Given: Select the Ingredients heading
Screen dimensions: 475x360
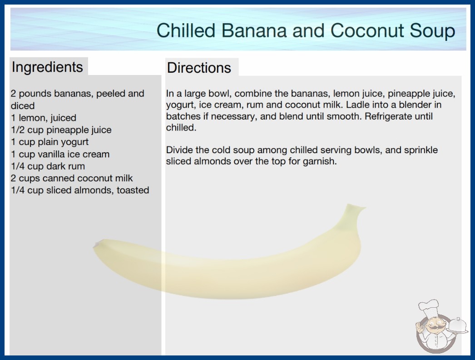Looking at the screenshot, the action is (x=47, y=67).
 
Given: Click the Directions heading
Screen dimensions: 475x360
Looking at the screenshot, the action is (x=199, y=68).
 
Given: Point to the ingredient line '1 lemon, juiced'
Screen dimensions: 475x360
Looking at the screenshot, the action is (x=44, y=118).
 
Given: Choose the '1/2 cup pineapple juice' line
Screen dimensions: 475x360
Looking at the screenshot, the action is (x=61, y=130).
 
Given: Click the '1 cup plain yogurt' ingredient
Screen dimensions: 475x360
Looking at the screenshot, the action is (x=49, y=142).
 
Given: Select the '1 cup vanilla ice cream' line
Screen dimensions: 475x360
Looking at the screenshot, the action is (x=60, y=154).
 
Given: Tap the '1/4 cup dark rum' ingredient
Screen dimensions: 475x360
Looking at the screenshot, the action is (x=48, y=166).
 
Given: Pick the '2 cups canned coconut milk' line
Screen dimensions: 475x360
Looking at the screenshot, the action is (x=72, y=178).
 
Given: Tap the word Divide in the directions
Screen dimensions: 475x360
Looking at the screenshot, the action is (x=180, y=150).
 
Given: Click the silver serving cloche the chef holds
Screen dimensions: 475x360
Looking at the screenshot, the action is (x=458, y=326).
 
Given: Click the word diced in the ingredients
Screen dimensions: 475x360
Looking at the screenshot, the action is (x=23, y=105).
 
